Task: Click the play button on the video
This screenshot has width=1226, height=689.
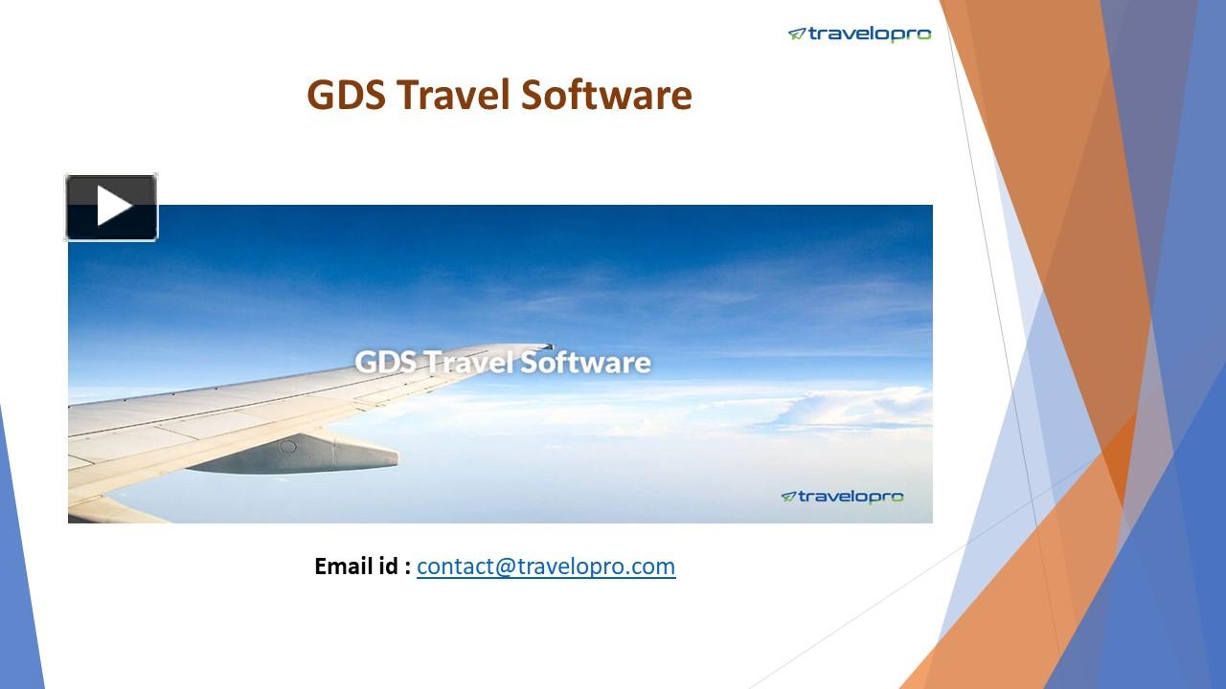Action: [111, 207]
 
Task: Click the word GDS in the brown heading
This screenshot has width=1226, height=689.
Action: [346, 96]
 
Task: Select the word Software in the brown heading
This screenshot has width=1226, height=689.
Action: [606, 96]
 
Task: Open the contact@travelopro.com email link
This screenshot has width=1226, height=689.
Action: [546, 567]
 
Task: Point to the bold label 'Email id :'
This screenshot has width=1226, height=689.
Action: [362, 567]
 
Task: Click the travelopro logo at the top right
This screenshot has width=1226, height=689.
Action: [859, 34]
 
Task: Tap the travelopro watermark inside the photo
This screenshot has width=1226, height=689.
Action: [842, 496]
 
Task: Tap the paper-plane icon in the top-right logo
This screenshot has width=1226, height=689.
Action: [796, 34]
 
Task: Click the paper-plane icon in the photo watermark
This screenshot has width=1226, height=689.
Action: [788, 496]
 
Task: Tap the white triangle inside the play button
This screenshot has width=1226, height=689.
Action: [113, 207]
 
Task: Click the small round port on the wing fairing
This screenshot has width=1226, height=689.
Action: [286, 446]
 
